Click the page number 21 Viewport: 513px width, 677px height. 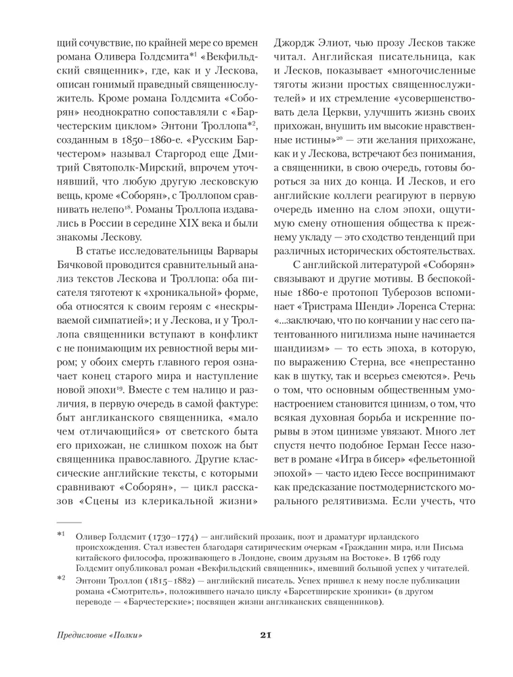click(265, 635)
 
